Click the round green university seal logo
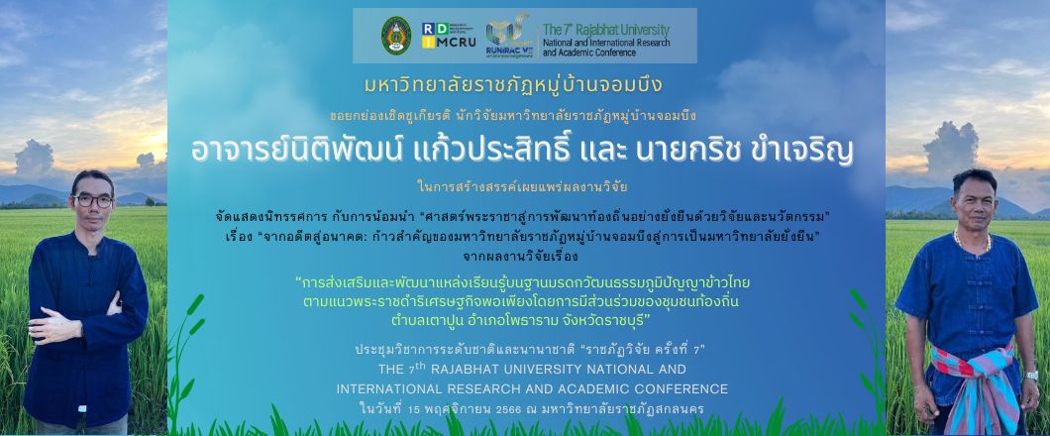396,36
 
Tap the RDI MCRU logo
449,36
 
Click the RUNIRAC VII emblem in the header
509,37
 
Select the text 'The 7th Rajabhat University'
606,30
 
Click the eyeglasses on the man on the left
92,200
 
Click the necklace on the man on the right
972,243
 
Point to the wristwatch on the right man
1030,375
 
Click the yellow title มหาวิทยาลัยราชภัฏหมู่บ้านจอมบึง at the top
513,86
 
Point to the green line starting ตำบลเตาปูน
521,319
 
